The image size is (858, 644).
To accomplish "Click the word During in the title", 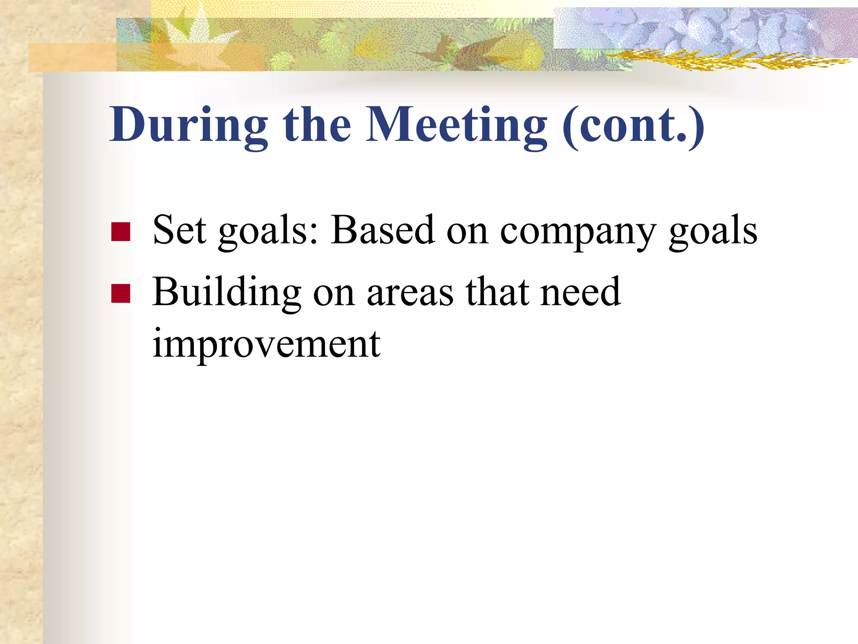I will coord(189,125).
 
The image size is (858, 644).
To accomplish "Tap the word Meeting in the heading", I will coord(456,125).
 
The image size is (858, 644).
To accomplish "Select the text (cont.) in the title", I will coord(633,125).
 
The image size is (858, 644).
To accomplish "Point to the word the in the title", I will coord(317,125).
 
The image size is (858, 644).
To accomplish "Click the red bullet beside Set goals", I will coord(121,232).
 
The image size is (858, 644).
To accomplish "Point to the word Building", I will coord(227,293).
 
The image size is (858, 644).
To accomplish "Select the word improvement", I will coord(266,345).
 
